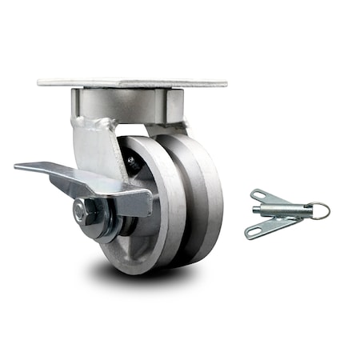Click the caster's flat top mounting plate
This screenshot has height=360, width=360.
(x=132, y=82)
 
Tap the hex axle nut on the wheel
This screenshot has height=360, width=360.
(x=83, y=211)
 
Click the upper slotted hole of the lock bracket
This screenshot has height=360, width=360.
(x=259, y=195)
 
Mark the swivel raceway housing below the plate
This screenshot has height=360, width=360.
(x=128, y=104)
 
